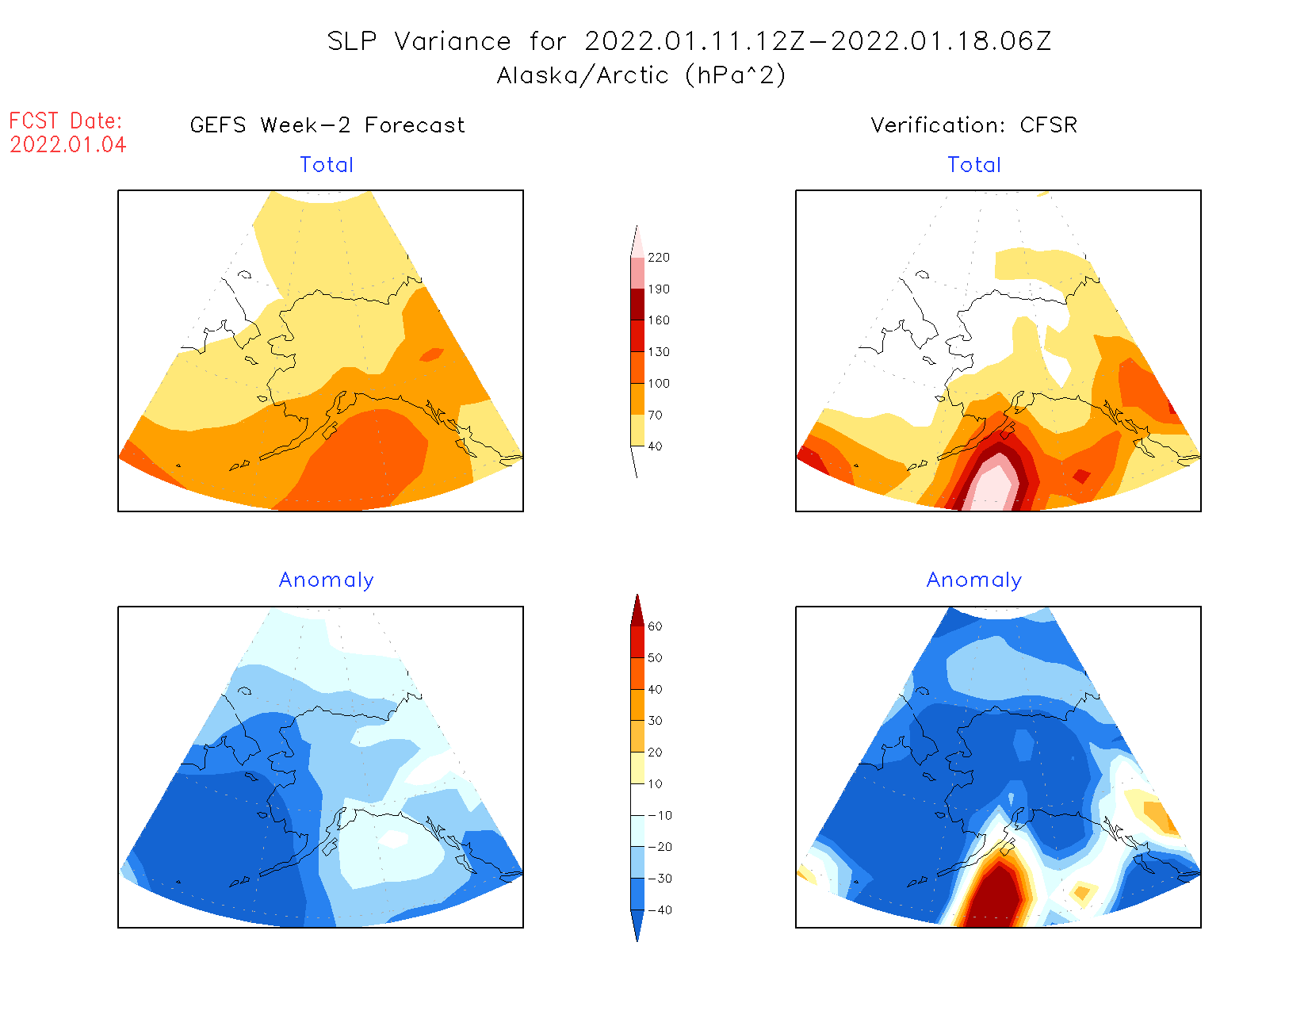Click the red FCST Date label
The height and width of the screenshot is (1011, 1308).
click(x=66, y=121)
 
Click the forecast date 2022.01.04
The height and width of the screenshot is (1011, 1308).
click(x=68, y=145)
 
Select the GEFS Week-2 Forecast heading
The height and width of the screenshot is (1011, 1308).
click(x=327, y=125)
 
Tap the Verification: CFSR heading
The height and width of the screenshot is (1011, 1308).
click(x=973, y=125)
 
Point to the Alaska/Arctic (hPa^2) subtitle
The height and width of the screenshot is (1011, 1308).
click(x=641, y=75)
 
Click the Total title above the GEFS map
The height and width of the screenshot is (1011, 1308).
click(x=327, y=165)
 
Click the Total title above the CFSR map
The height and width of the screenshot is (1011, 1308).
click(x=974, y=165)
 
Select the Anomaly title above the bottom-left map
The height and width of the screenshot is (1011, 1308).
click(x=326, y=580)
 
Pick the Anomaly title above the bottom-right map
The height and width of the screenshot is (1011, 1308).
click(x=974, y=580)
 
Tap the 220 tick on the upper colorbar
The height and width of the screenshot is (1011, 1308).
click(x=658, y=258)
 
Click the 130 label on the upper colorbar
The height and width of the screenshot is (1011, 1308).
click(x=658, y=352)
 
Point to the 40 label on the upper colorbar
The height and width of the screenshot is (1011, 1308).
click(x=655, y=446)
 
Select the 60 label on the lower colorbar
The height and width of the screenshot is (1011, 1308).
click(x=655, y=626)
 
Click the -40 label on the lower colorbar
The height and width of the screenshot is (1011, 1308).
click(x=660, y=910)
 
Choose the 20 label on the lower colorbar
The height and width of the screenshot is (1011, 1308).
click(x=655, y=753)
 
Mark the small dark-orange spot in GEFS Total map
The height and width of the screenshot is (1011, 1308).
click(x=431, y=354)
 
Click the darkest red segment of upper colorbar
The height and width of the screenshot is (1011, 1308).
click(x=637, y=304)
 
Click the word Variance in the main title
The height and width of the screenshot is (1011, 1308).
click(x=453, y=41)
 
